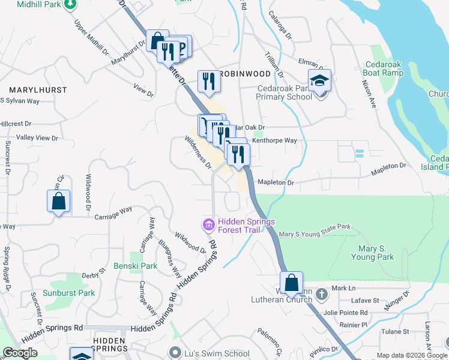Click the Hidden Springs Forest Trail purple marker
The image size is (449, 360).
[x=208, y=225]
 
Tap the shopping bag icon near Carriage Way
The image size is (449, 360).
[x=58, y=201]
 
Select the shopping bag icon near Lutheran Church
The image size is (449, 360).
[x=291, y=283]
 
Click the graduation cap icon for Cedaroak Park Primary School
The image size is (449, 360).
[x=320, y=80]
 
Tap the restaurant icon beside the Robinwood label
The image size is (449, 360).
[x=208, y=81]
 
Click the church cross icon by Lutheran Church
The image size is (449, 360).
[x=322, y=294]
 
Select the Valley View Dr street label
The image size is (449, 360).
[x=37, y=138]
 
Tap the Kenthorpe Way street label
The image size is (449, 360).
[x=274, y=140]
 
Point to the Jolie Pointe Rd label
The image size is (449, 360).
[x=345, y=313]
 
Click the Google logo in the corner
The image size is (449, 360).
[x=20, y=353]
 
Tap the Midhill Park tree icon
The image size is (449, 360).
[x=71, y=5]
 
